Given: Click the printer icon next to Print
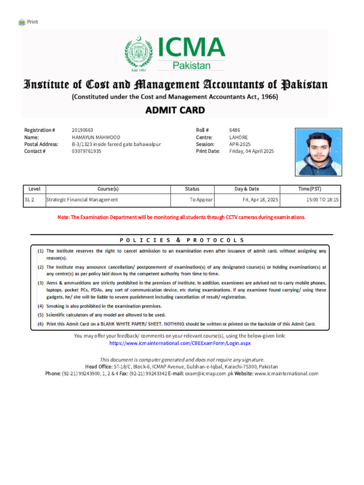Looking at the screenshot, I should coord(22,22).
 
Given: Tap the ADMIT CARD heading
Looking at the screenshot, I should coord(175,110).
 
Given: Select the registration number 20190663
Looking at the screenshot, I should coord(82,130).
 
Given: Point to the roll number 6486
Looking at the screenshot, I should coord(235,130).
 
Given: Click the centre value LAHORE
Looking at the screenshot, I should coord(238,137).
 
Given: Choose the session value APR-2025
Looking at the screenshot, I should coord(240,144).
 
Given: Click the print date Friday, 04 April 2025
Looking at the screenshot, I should coord(251,152).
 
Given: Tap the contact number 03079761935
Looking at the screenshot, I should coord(86,152).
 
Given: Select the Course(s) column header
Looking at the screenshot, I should coord(108,189).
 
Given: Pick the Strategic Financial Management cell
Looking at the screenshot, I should coord(82,200).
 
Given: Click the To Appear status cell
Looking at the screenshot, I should coord(201,200).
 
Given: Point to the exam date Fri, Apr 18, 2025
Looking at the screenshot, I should coord(260,200).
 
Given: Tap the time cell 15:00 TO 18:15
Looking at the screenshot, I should coord(322,200).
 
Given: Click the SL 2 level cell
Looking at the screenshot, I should coord(29,200).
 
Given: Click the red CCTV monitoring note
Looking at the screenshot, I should coord(182,217).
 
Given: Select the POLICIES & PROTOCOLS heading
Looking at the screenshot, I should coord(182,240).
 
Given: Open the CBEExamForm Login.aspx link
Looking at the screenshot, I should coord(180,343).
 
